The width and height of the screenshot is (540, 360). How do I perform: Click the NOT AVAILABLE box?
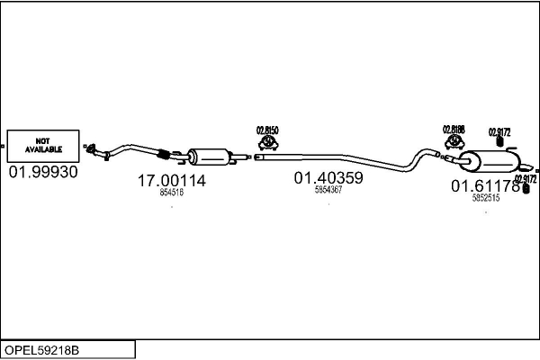pos(42,144)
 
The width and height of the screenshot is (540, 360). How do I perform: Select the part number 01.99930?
pos(42,171)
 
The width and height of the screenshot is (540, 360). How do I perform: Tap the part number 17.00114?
pos(171,181)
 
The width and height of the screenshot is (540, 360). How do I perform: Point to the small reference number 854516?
pos(171,193)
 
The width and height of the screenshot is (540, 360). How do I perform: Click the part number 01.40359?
pos(328,178)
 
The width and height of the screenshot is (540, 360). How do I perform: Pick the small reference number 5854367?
pos(328,190)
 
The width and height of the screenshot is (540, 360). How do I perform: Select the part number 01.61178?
pos(485,186)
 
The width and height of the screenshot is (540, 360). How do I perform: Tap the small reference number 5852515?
pos(485,198)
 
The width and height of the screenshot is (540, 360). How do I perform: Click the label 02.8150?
pos(268,130)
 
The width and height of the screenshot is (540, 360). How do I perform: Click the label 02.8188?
pos(454,130)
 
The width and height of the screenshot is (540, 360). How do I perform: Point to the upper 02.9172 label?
pos(499,132)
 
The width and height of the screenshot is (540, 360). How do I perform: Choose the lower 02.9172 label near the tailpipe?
pos(525,178)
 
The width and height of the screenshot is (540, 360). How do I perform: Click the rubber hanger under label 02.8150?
pos(268,144)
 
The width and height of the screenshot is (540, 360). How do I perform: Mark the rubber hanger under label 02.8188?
pos(453,144)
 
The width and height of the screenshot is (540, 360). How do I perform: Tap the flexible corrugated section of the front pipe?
pos(163,151)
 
